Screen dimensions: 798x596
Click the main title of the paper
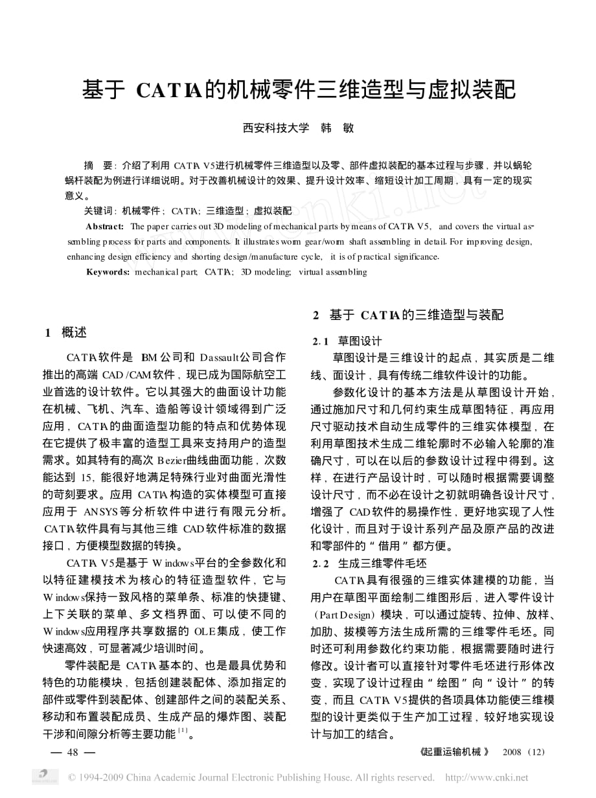click(x=299, y=89)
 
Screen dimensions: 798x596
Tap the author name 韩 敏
click(x=337, y=128)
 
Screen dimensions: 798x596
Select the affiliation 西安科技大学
click(x=276, y=128)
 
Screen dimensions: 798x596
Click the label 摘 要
click(x=98, y=165)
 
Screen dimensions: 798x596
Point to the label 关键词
click(x=98, y=211)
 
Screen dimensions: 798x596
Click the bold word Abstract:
click(x=105, y=226)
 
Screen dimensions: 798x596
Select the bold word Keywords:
click(x=108, y=271)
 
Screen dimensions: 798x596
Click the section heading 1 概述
click(x=65, y=333)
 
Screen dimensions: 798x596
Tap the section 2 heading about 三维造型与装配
click(x=407, y=315)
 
